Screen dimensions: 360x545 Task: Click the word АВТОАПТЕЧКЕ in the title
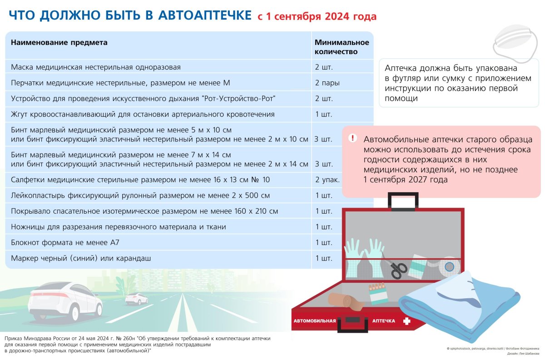pos(205,15)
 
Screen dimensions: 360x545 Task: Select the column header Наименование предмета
pos(59,43)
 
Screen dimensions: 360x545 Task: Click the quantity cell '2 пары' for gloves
pos(327,83)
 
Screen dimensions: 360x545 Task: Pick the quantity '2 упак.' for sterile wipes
pos(327,180)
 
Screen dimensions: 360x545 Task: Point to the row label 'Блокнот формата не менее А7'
pos(65,242)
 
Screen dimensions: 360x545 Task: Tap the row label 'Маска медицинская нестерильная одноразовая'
pos(96,67)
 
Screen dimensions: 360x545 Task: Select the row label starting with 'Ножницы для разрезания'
pos(119,227)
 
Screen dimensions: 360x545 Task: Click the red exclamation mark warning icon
pos(352,138)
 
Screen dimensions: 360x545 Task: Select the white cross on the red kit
pos(406,321)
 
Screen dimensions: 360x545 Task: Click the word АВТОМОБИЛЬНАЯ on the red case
pos(315,321)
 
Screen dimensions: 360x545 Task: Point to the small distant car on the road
pos(136,299)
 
